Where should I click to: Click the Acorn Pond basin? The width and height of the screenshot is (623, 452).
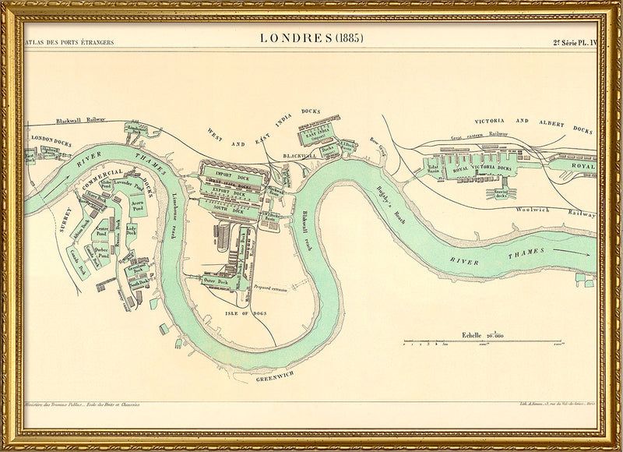coord(138,205)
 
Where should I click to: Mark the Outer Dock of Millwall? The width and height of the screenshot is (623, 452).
coord(213,280)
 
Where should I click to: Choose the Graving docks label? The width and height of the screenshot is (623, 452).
coord(498,194)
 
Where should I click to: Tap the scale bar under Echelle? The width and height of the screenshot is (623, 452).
coord(483,342)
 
